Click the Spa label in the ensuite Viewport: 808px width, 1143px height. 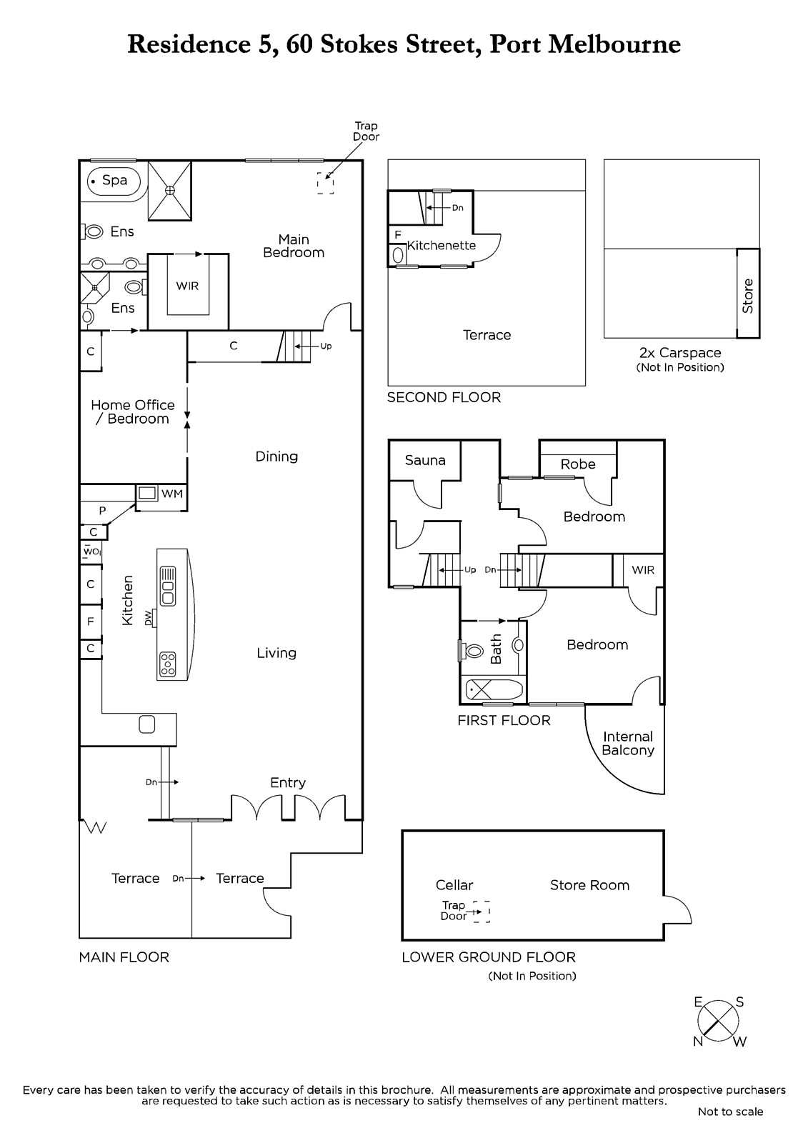click(x=114, y=180)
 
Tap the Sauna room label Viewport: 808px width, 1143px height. click(x=425, y=460)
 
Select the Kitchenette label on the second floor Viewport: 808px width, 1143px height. click(x=442, y=246)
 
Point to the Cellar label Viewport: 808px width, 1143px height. click(x=454, y=885)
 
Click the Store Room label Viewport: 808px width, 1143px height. click(x=589, y=885)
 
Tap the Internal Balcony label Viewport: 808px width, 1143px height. click(x=628, y=743)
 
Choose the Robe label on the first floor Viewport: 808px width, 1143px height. click(x=578, y=464)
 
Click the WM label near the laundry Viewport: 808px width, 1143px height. click(x=172, y=494)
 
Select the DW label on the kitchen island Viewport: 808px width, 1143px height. click(x=149, y=618)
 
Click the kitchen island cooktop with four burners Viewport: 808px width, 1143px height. click(x=167, y=664)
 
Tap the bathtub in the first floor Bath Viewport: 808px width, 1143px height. click(x=494, y=690)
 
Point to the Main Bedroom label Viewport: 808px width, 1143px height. click(x=294, y=246)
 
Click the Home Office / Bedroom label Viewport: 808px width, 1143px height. click(x=133, y=411)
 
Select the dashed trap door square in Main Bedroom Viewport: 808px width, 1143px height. click(x=325, y=183)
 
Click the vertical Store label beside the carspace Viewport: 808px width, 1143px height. click(x=748, y=296)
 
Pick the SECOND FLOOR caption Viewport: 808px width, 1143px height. click(x=444, y=397)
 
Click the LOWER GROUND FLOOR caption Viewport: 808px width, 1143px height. click(x=489, y=957)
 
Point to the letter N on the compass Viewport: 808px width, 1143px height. click(x=698, y=1041)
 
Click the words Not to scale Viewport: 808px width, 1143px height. click(x=730, y=1112)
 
